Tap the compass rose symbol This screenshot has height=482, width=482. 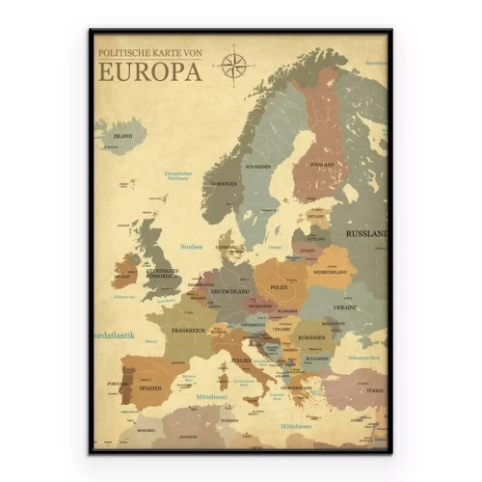coord(233,65)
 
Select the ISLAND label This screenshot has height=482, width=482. coord(122,137)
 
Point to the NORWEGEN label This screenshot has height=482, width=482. coord(226,183)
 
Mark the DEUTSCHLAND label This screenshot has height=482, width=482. coord(230,290)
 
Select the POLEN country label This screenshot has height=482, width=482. coord(279,287)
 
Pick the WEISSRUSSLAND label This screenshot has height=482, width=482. coord(327,272)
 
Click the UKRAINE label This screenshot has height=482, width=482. coord(344,307)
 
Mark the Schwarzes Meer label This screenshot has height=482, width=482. coord(363,358)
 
